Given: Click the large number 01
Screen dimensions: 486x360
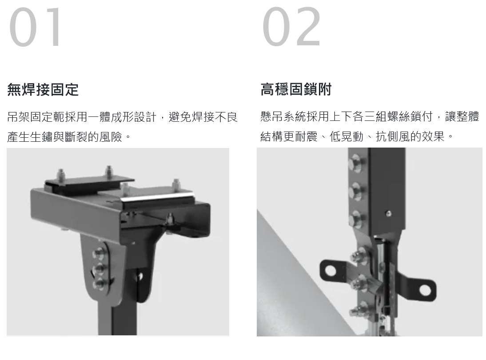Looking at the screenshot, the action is [x=35, y=27].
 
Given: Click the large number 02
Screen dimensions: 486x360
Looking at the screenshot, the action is [x=291, y=27].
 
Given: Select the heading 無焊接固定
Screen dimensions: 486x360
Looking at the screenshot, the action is [x=43, y=90].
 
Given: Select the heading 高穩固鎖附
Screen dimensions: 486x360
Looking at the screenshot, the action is [x=296, y=89].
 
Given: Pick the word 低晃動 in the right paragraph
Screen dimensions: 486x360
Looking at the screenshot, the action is [x=347, y=136].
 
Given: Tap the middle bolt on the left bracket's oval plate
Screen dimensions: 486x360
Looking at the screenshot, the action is [x=99, y=268].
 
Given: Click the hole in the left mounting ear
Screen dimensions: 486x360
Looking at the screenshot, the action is [x=331, y=270].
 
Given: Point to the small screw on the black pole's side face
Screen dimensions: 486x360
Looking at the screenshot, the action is [x=388, y=213].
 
